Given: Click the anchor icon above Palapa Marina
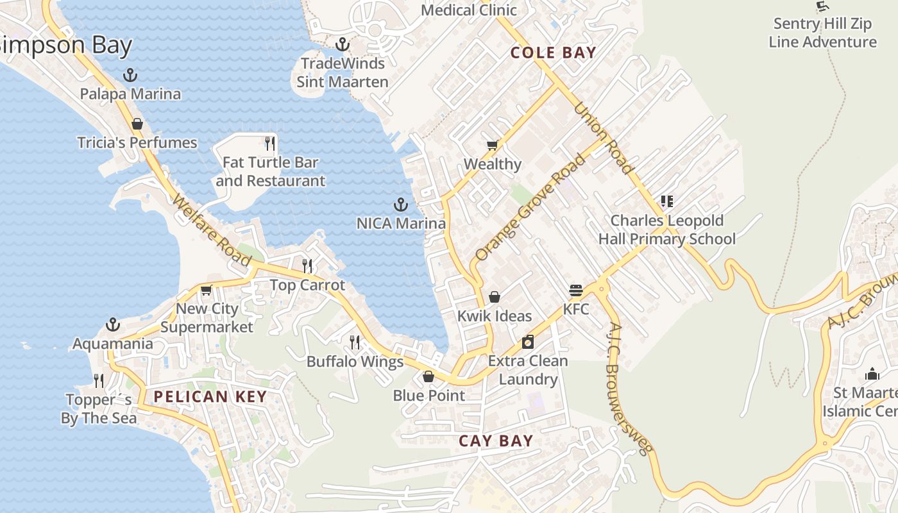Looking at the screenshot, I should [x=130, y=76].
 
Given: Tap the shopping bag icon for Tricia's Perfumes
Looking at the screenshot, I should [x=137, y=124].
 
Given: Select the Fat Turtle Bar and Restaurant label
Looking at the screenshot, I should [x=270, y=172].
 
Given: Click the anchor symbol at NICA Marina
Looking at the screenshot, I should [x=401, y=205].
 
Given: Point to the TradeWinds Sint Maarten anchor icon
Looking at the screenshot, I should [x=343, y=45].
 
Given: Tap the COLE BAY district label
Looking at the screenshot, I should [x=553, y=53].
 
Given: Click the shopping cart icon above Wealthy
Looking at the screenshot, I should [x=492, y=146].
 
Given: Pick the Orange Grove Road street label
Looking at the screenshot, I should [x=530, y=206].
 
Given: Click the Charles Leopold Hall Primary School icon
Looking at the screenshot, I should [x=667, y=202].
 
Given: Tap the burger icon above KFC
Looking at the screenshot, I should [x=575, y=290].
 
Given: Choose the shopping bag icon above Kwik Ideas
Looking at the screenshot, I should [x=495, y=297].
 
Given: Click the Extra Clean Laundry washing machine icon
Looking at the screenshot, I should [x=528, y=342].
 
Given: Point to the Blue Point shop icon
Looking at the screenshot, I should [x=428, y=376].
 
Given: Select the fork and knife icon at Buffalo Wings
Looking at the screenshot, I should [x=355, y=342].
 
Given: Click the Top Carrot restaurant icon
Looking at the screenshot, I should [x=307, y=265].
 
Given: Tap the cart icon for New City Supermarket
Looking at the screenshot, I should [x=207, y=290].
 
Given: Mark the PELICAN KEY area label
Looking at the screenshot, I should [x=210, y=397].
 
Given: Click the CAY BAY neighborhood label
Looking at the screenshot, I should [x=496, y=441].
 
